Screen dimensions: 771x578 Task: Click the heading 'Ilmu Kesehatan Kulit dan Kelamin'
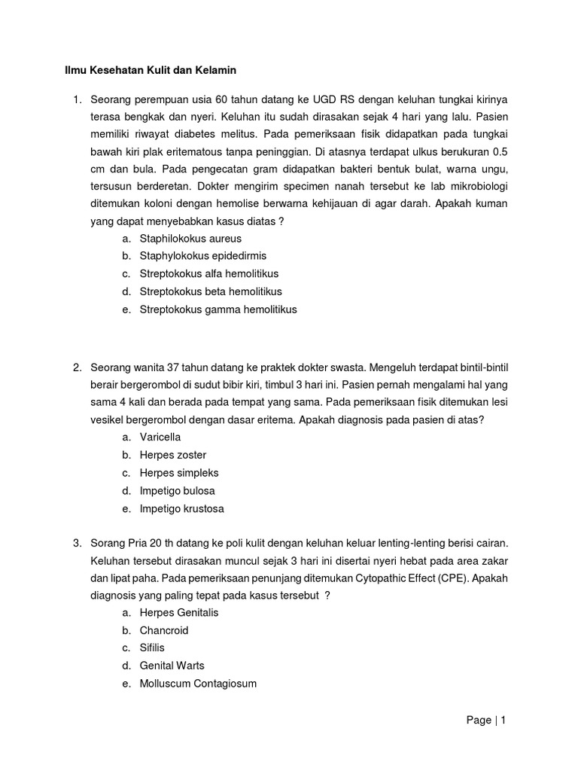pyautogui.click(x=149, y=71)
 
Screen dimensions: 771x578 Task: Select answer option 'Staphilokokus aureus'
pyautogui.click(x=190, y=238)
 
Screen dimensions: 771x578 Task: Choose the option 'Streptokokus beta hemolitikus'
pyautogui.click(x=211, y=291)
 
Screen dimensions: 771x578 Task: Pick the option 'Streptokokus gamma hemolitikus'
pyautogui.click(x=218, y=309)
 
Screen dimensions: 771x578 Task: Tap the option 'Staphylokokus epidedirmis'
pyautogui.click(x=202, y=256)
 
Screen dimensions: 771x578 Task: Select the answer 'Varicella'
pyautogui.click(x=160, y=437)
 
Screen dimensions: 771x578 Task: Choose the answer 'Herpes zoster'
pyautogui.click(x=172, y=455)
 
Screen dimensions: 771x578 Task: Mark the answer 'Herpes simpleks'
pyautogui.click(x=178, y=473)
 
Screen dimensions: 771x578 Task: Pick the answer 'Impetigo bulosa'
pyautogui.click(x=177, y=491)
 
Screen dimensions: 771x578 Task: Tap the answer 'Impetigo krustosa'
pyautogui.click(x=181, y=509)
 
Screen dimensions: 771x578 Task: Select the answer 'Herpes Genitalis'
pyautogui.click(x=179, y=613)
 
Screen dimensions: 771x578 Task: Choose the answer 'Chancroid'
pyautogui.click(x=163, y=630)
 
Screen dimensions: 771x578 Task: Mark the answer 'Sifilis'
pyautogui.click(x=152, y=648)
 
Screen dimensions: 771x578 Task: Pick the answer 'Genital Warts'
pyautogui.click(x=172, y=666)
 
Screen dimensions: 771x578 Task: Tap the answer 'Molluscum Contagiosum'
pyautogui.click(x=198, y=684)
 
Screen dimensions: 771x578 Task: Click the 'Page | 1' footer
pyautogui.click(x=486, y=721)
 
